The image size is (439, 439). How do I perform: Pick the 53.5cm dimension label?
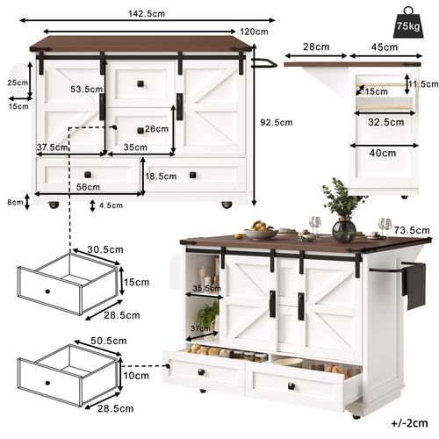pos(87,90)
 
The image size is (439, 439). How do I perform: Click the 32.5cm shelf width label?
pos(387,122)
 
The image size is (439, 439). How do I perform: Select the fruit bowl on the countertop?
pos(260,232)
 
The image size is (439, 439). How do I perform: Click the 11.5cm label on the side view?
pos(423,84)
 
